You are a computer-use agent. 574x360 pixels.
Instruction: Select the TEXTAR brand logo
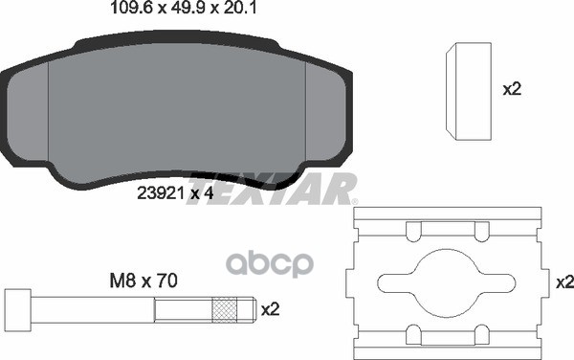(274, 190)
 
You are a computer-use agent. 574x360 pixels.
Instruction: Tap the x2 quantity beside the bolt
(270, 309)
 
